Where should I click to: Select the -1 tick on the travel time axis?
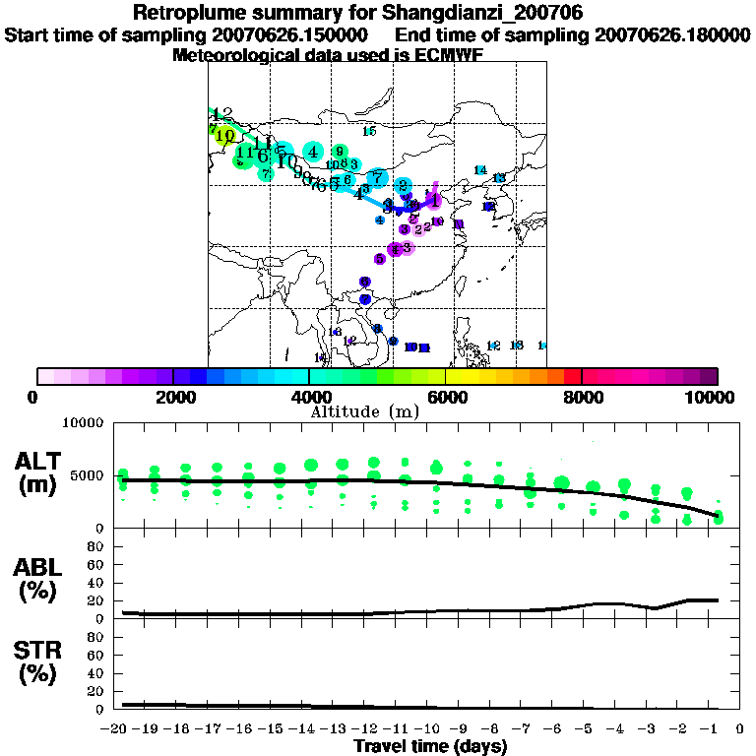716,728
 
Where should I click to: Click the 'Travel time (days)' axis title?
430,746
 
